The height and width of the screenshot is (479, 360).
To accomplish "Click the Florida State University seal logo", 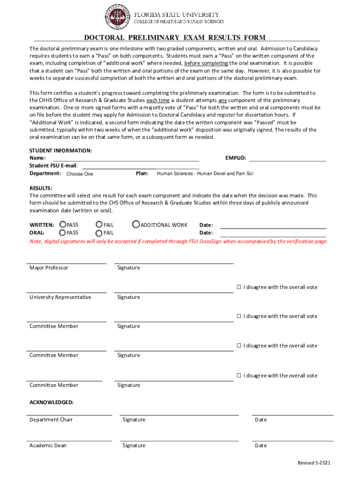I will (x=117, y=18).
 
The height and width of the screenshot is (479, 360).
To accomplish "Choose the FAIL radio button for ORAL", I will (x=99, y=233).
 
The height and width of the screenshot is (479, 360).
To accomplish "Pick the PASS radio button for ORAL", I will (x=63, y=232).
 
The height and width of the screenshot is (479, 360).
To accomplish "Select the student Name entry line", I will (x=126, y=158).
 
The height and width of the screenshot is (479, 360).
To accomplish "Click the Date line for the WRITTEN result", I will (x=273, y=225).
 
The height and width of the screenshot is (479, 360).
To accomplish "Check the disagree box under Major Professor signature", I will (x=238, y=287).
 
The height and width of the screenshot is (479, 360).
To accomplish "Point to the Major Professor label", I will (x=49, y=268).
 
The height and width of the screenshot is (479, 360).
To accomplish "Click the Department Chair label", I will (x=51, y=420).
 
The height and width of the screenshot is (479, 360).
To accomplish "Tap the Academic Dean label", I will (x=48, y=445).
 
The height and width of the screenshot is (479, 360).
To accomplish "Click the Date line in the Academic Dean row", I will (x=292, y=441).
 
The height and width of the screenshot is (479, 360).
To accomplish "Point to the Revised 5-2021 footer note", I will (x=314, y=463).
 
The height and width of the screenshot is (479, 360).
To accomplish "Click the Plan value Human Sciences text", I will (x=205, y=174).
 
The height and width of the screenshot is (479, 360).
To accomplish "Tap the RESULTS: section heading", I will (x=41, y=188).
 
